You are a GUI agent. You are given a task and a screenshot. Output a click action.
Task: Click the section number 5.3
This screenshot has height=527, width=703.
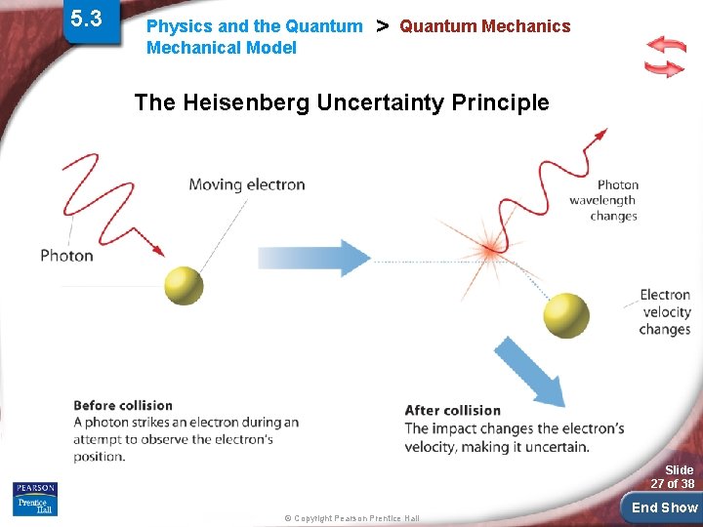click(86, 18)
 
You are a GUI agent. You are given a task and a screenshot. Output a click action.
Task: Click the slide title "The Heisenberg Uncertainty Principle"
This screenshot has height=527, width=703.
click(341, 102)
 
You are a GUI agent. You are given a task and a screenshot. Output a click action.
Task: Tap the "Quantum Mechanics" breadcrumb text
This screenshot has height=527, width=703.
click(484, 26)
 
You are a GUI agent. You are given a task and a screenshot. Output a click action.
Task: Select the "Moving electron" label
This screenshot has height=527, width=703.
click(246, 184)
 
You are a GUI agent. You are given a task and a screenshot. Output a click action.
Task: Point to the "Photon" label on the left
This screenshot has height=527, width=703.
click(66, 256)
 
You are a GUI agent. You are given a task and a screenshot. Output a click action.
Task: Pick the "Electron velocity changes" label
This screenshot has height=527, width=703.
click(665, 312)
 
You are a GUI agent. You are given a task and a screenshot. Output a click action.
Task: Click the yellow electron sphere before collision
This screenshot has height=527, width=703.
click(184, 285)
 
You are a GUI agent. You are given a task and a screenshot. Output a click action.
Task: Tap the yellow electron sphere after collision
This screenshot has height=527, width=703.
click(566, 314)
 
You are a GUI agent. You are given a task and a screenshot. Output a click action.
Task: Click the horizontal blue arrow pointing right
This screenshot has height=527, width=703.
click(312, 258)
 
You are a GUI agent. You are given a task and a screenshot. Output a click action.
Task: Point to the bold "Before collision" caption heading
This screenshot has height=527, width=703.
click(123, 406)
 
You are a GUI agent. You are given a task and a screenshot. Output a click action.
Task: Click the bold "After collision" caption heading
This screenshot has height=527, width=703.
click(452, 411)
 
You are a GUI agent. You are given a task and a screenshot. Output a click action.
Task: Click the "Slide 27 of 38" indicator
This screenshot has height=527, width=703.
click(673, 477)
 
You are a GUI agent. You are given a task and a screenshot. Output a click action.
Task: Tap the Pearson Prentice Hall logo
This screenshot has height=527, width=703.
click(35, 498)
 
